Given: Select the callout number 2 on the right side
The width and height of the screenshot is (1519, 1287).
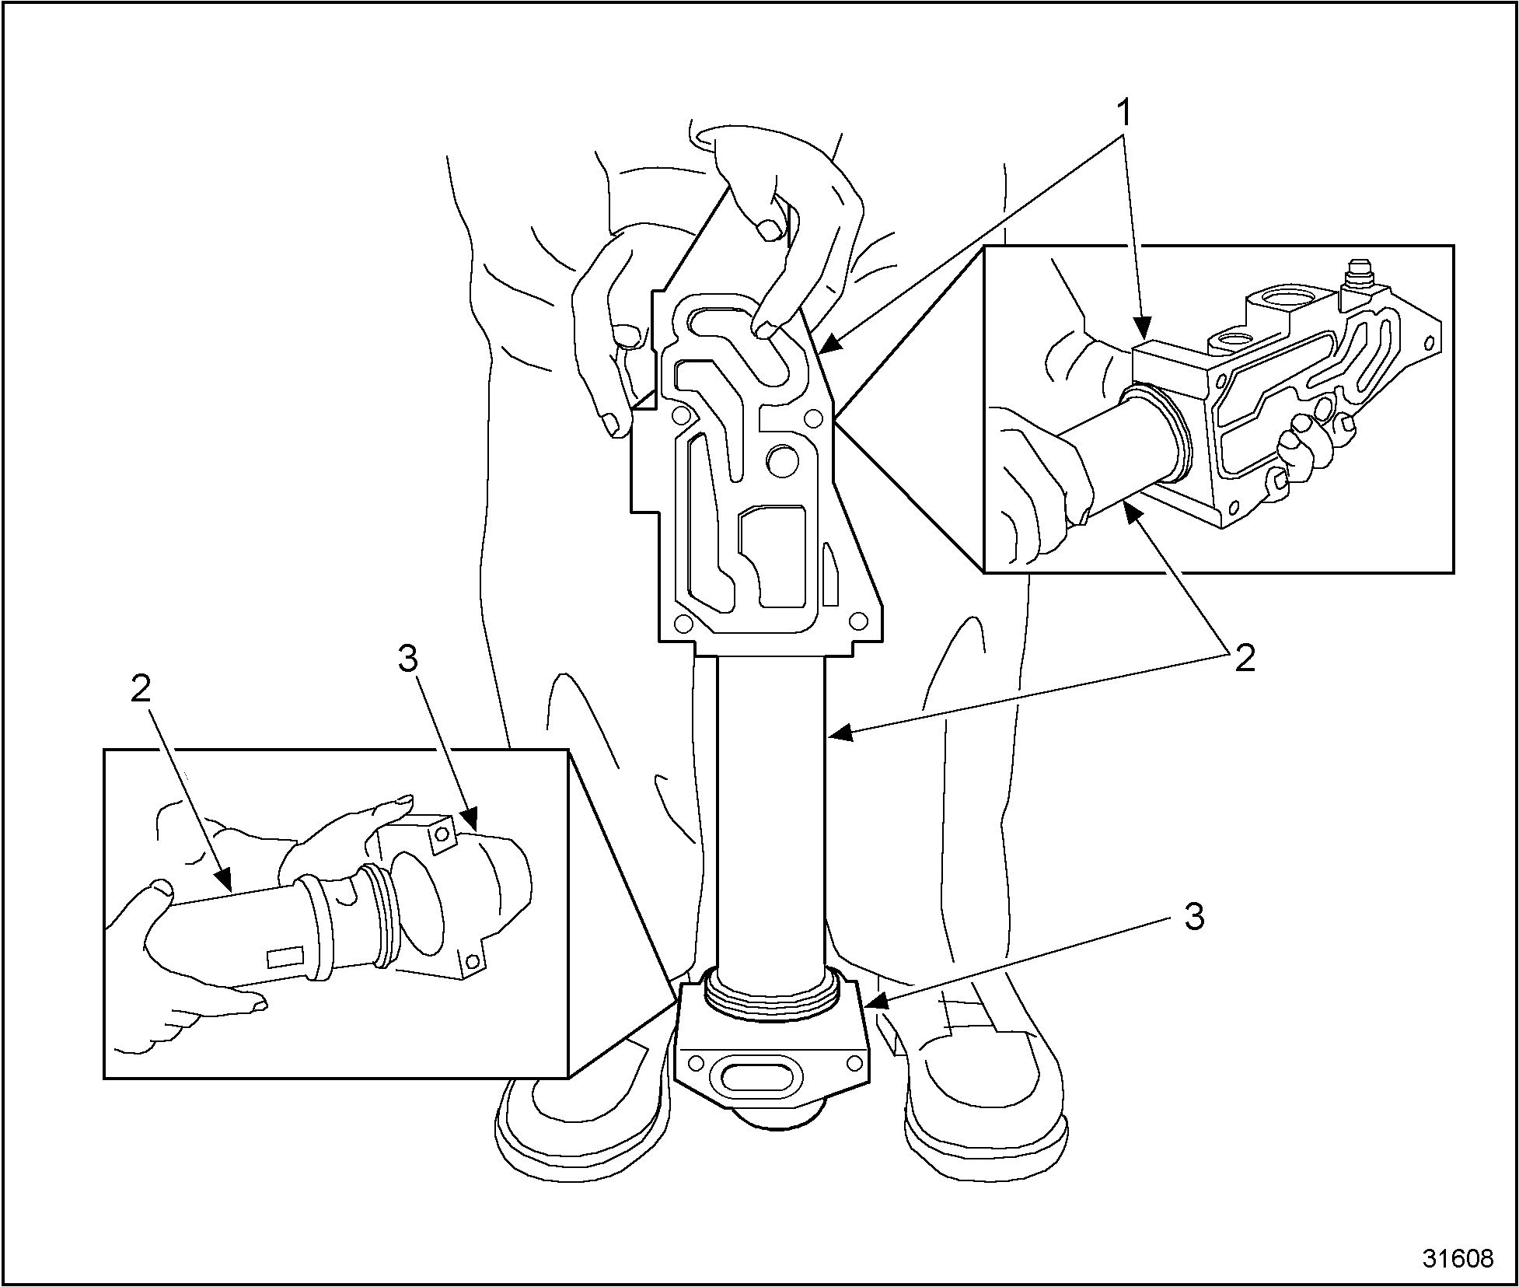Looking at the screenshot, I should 1245,659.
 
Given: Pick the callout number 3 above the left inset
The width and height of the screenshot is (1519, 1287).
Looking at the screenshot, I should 407,659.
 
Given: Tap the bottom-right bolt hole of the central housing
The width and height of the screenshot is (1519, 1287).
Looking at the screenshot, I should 858,621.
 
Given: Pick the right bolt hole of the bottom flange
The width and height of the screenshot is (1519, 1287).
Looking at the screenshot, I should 854,1062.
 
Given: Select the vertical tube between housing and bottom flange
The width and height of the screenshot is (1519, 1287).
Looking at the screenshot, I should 770,809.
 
